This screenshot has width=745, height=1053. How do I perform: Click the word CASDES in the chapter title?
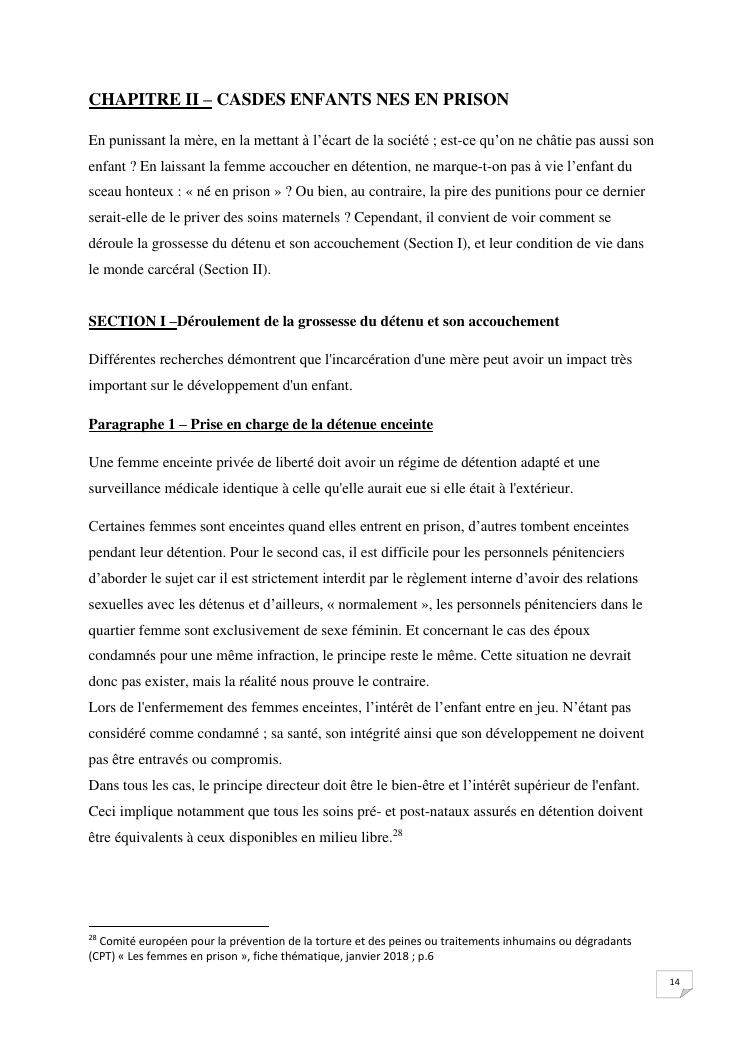(x=249, y=99)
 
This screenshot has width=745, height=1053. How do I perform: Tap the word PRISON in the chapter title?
(x=476, y=99)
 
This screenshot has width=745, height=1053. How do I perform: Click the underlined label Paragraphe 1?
(x=131, y=425)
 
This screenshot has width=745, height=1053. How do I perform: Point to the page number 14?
(x=674, y=983)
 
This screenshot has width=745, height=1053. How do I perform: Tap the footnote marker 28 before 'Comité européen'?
(x=92, y=939)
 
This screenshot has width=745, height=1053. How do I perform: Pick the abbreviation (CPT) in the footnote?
(x=103, y=956)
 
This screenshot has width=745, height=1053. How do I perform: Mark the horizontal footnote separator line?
(x=178, y=926)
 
